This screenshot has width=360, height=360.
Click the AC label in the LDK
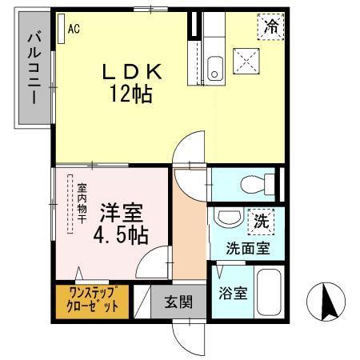tap(73, 30)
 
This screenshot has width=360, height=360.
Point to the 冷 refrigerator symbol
tap(271, 26)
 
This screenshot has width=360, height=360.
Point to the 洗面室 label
tap(247, 248)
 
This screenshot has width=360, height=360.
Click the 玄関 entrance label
tap(178, 302)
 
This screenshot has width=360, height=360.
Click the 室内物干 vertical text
tap(82, 205)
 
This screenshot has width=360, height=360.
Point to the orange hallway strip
tap(191, 240)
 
